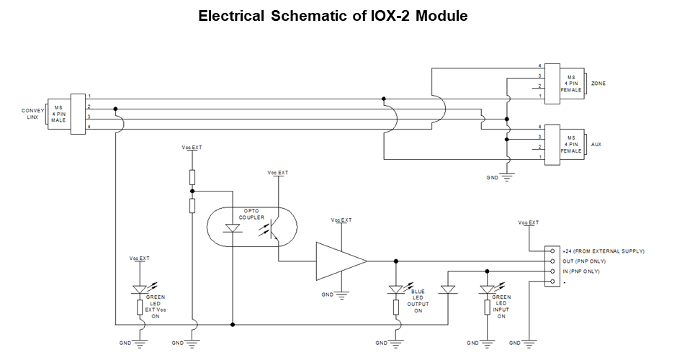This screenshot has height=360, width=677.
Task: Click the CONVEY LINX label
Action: [x=33, y=114]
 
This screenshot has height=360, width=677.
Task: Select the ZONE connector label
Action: [x=598, y=84]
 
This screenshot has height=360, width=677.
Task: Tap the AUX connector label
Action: [x=596, y=144]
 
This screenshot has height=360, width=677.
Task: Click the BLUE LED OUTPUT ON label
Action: [x=418, y=300]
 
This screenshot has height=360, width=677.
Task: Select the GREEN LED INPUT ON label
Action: [x=502, y=306]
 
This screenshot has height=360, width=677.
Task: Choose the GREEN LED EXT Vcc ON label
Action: [x=156, y=306]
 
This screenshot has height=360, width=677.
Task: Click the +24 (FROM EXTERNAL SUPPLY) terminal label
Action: [x=604, y=251]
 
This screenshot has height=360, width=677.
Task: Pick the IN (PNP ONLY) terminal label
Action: [x=586, y=271]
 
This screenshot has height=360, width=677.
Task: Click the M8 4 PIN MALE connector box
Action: [x=59, y=114]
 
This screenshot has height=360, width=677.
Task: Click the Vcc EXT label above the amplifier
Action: [x=341, y=220]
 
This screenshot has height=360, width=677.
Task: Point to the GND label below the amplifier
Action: [x=327, y=294]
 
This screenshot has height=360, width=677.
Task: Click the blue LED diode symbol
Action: [x=395, y=289]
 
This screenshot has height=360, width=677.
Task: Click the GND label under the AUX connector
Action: [x=493, y=176]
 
